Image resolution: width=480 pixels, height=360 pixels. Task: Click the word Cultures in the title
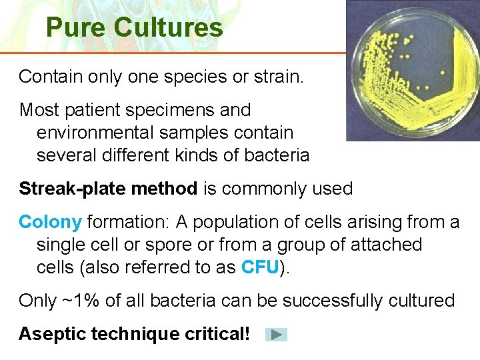pyautogui.click(x=168, y=28)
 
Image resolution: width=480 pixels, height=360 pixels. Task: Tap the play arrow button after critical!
pyautogui.click(x=276, y=335)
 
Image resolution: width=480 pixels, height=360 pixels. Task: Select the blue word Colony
pyautogui.click(x=50, y=222)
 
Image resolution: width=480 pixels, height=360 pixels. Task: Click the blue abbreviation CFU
pyautogui.click(x=259, y=267)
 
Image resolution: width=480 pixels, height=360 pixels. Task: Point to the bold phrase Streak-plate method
pyautogui.click(x=108, y=189)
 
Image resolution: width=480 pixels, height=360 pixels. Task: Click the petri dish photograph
pyautogui.click(x=413, y=70)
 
